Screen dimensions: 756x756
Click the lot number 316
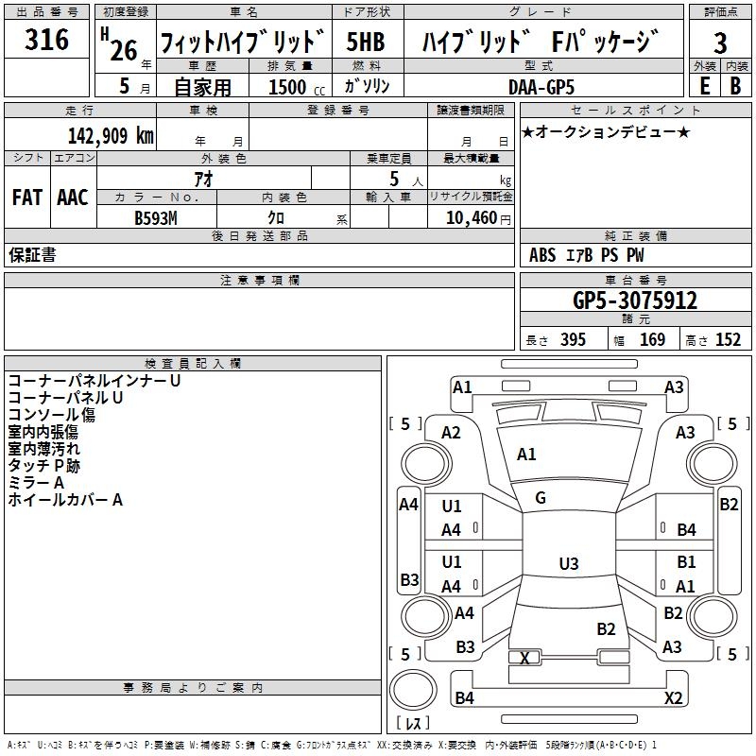pyautogui.click(x=47, y=40)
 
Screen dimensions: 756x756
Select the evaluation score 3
pyautogui.click(x=720, y=43)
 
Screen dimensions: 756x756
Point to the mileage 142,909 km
pyautogui.click(x=111, y=135)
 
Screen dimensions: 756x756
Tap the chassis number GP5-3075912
pyautogui.click(x=635, y=301)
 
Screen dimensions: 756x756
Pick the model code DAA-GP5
pyautogui.click(x=542, y=86)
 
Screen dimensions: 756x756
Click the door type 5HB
pyautogui.click(x=366, y=43)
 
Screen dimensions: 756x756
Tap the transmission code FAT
pyautogui.click(x=26, y=198)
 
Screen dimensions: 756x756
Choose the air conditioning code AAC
pyautogui.click(x=72, y=198)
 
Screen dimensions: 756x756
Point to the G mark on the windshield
pyautogui.click(x=541, y=498)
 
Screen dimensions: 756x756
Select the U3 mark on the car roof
pyautogui.click(x=568, y=564)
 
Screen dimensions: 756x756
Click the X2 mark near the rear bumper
pyautogui.click(x=673, y=698)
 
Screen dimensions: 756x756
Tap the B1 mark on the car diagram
pyautogui.click(x=686, y=562)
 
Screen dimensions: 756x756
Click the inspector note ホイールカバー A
pyautogui.click(x=65, y=500)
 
